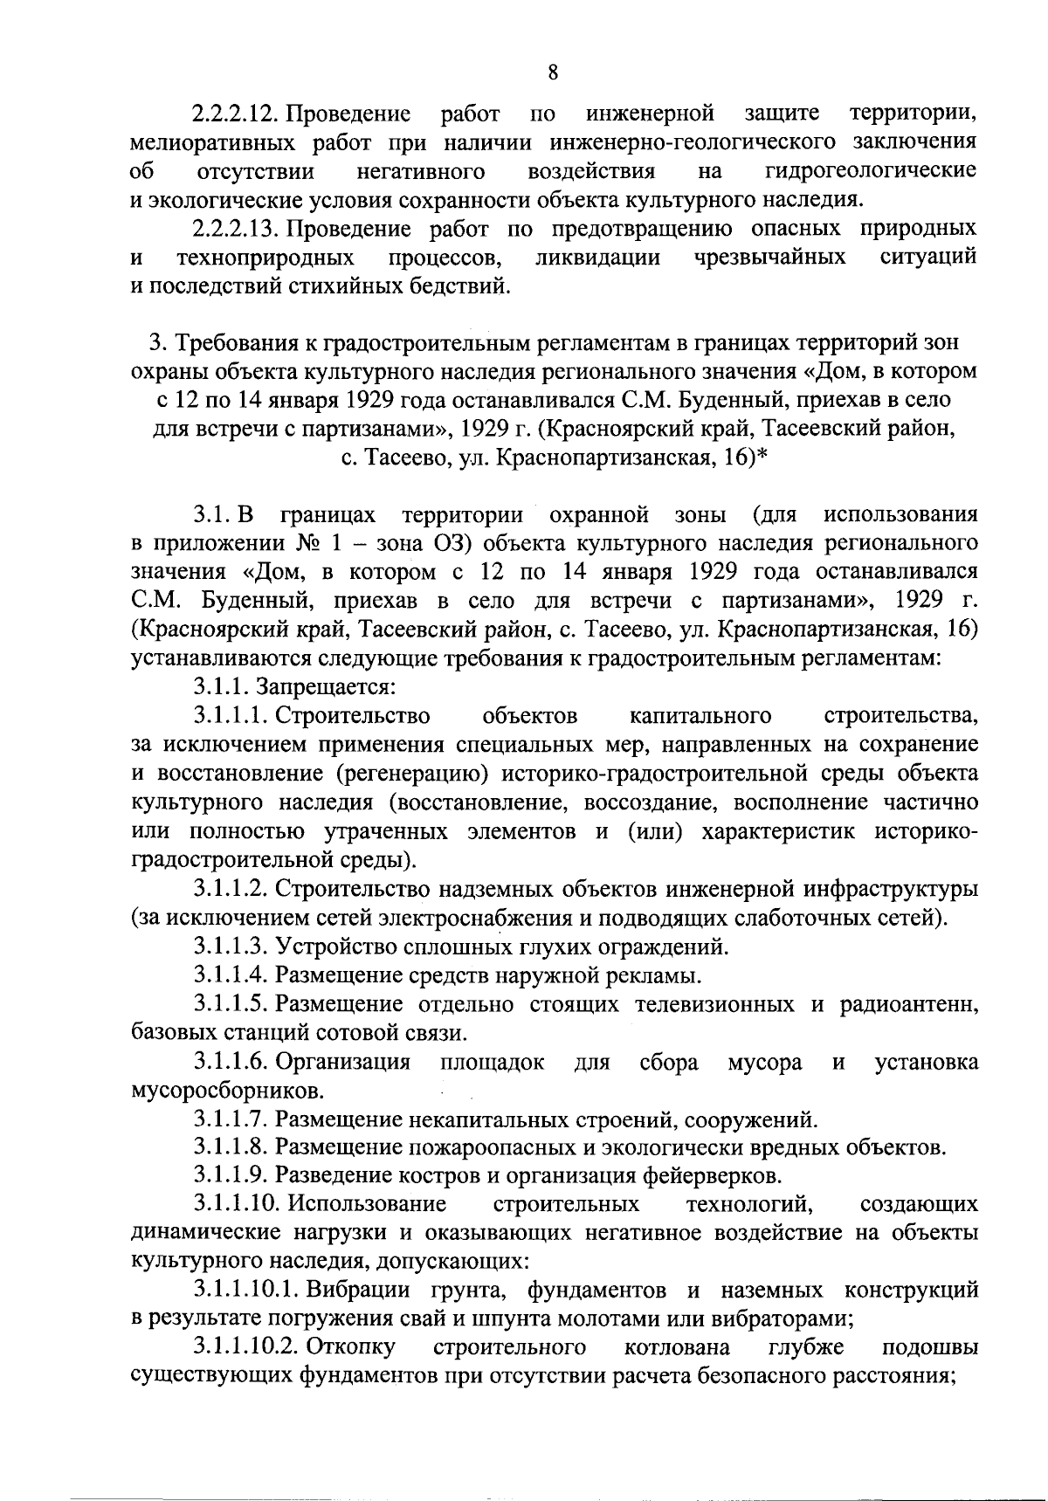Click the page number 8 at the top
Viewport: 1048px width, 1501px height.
click(553, 72)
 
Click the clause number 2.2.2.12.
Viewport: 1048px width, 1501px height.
click(235, 114)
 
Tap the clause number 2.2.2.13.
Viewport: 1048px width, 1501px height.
click(235, 229)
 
